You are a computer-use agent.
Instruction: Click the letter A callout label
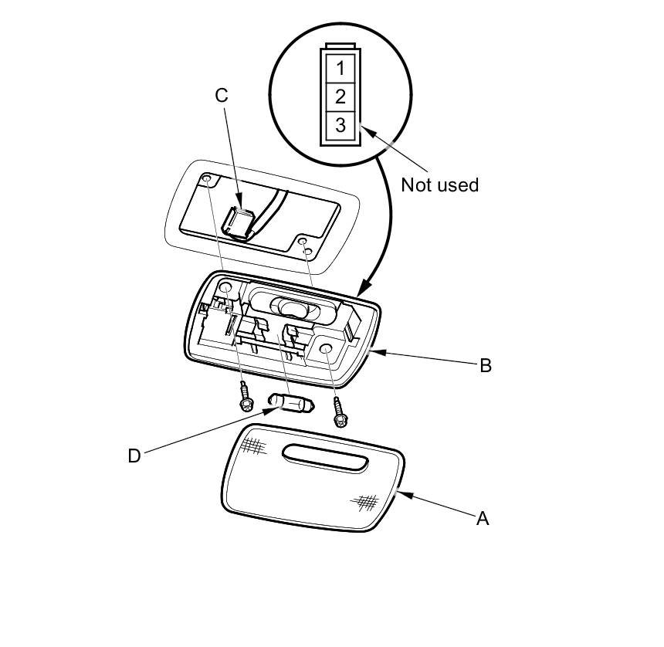click(x=483, y=519)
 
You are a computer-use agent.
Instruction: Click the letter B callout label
click(x=485, y=365)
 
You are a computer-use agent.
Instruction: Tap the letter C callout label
click(x=222, y=95)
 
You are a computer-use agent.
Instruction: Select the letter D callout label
click(x=134, y=456)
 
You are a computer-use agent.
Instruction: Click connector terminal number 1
click(x=340, y=67)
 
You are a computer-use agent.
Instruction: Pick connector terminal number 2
click(x=340, y=97)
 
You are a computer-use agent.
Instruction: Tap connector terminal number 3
click(x=340, y=124)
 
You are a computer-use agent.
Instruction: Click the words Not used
click(x=439, y=185)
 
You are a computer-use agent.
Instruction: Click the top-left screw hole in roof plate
click(x=208, y=179)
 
